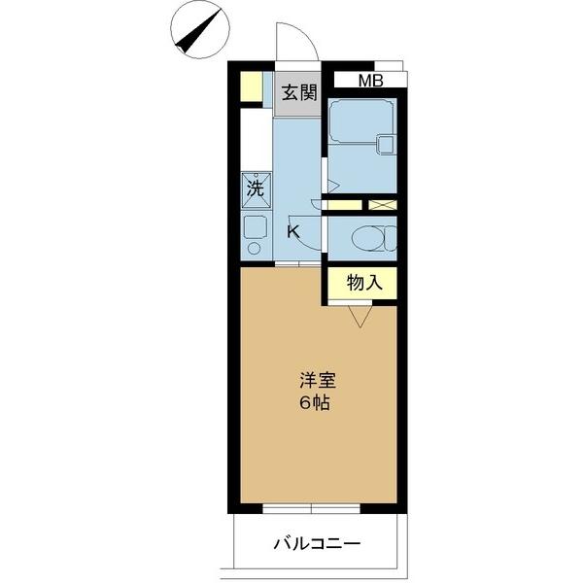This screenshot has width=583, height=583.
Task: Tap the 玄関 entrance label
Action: tap(299, 94)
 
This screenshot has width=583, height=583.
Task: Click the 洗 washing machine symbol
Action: tap(255, 189)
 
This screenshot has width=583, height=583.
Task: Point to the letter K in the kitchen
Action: tap(292, 232)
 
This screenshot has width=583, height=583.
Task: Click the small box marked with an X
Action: tap(383, 205)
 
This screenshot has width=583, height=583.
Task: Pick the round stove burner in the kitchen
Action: tap(255, 248)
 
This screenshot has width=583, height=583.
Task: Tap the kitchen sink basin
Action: tap(255, 226)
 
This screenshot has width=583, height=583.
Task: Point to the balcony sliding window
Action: tap(313, 507)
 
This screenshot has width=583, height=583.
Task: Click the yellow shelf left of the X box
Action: tap(343, 205)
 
